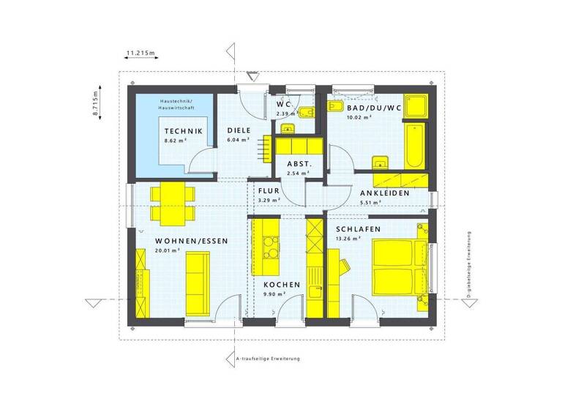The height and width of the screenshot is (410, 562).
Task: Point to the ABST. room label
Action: coord(299,165)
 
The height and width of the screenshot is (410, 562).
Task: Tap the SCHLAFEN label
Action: coord(358,228)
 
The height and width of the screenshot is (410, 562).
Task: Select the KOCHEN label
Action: coord(282,284)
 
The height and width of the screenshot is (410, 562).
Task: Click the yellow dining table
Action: coord(173,202)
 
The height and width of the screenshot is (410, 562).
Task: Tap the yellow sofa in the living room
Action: coord(196,280)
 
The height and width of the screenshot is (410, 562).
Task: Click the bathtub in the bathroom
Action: coord(414,146)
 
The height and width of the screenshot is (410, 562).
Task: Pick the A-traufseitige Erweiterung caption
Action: coord(269,359)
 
